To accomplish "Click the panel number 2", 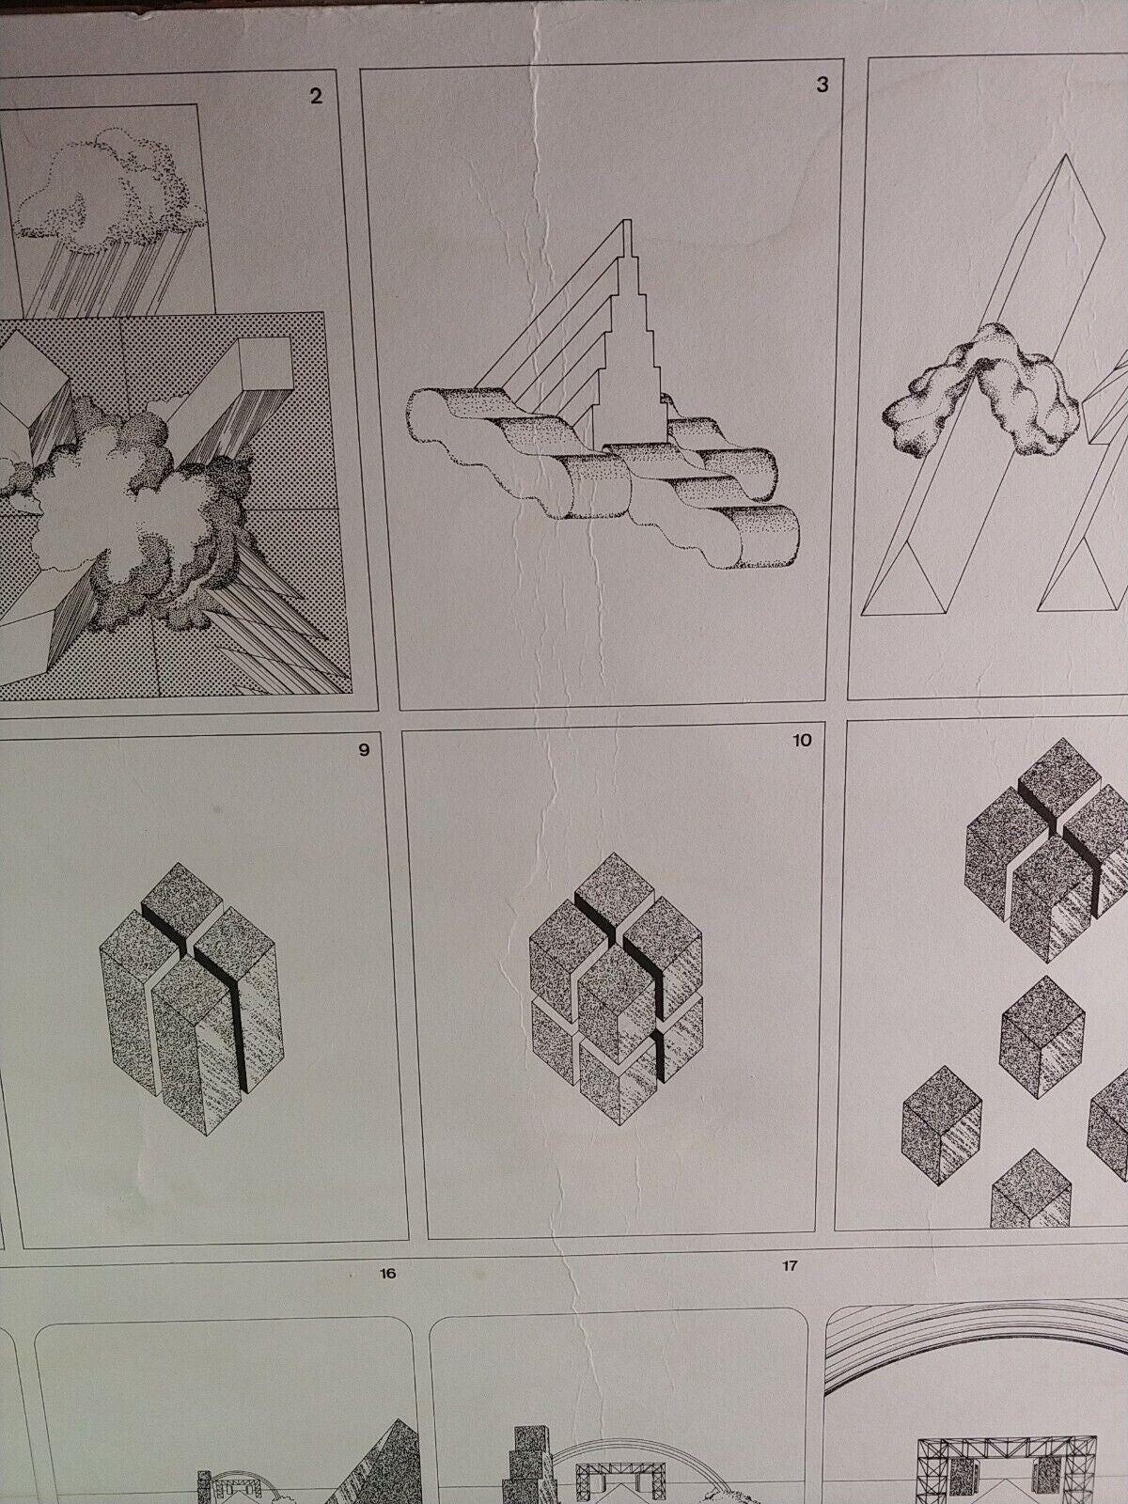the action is [x=315, y=97].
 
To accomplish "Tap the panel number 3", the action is [x=822, y=85].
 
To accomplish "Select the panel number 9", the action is [x=364, y=750].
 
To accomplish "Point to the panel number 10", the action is [x=802, y=741].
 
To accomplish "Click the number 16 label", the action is [x=387, y=1274].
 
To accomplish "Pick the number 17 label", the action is [x=790, y=1266].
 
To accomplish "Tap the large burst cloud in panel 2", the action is [x=137, y=521].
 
